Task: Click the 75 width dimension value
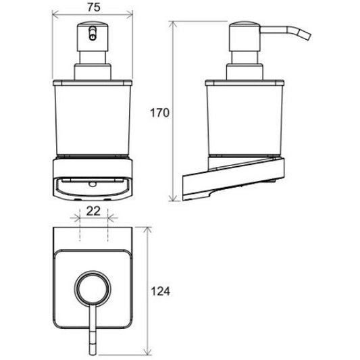tap(94, 7)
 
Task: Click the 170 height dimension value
tap(159, 113)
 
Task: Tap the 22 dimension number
tap(93, 211)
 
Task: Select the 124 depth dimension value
tap(161, 291)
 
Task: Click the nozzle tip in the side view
tap(307, 36)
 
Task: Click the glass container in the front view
tap(93, 119)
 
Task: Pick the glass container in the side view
tap(245, 119)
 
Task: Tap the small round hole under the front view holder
tap(93, 184)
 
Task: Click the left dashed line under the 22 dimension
tap(80, 226)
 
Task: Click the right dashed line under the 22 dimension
tap(107, 226)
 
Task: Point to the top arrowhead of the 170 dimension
tap(173, 24)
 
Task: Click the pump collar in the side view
tap(245, 72)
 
